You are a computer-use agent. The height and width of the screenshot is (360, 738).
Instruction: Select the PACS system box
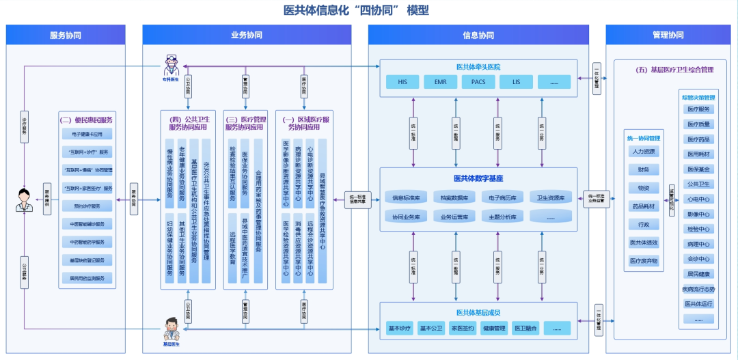[x=474, y=82]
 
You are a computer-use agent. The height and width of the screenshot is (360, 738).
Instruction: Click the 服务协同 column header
[x=66, y=35]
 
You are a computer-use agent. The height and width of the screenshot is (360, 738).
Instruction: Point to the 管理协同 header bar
[x=668, y=35]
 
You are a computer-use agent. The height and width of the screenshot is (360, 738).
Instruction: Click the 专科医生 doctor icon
[x=170, y=67]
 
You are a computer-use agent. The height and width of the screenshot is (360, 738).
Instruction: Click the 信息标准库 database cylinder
[x=406, y=198]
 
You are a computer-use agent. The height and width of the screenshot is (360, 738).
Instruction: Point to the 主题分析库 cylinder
[x=502, y=217]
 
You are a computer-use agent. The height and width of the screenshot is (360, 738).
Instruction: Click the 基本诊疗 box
[x=400, y=328]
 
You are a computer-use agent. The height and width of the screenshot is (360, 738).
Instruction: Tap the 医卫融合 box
[x=525, y=328]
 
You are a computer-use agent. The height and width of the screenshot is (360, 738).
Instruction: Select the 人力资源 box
[x=643, y=152]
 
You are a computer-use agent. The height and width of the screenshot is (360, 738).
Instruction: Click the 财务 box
[x=643, y=169]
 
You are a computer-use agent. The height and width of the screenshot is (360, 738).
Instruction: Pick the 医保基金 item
[x=698, y=169]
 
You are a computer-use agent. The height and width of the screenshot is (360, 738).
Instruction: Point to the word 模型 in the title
[x=418, y=10]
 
